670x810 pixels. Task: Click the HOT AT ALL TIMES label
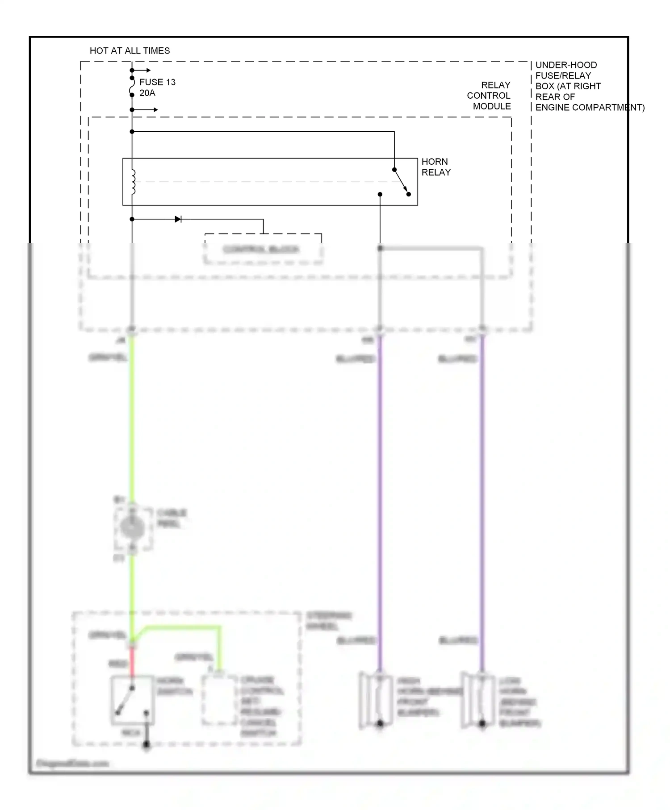130,51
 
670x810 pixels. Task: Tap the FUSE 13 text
157,82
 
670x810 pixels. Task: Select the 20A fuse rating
147,93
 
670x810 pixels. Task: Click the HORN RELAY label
436,167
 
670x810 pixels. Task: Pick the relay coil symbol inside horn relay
133,182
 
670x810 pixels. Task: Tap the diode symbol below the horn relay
178,219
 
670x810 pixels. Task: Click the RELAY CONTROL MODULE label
489,96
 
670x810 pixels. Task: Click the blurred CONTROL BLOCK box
262,249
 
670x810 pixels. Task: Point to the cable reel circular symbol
132,528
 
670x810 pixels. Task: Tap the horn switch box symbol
133,700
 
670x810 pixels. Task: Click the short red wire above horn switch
132,661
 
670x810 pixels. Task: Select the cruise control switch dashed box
219,700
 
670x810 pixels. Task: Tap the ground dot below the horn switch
146,745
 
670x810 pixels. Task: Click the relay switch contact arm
401,181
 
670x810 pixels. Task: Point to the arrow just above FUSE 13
143,70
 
